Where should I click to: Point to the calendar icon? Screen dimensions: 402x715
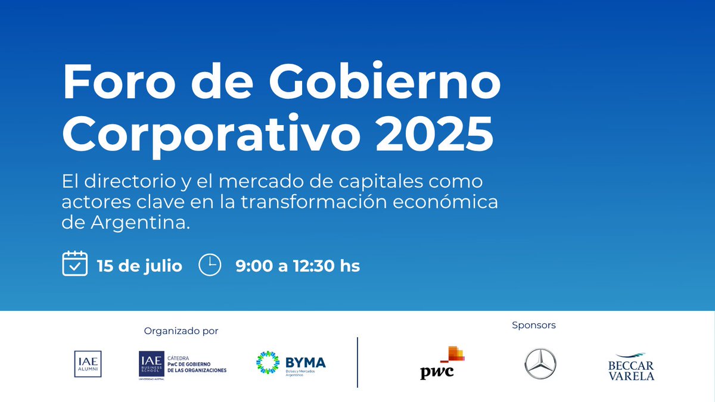[75, 264]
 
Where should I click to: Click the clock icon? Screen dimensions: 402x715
[210, 265]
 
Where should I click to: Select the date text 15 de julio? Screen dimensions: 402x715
[139, 266]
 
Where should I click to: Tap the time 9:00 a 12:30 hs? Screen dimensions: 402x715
[298, 266]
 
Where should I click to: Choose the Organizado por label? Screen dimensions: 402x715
[181, 331]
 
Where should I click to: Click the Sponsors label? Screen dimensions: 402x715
[534, 325]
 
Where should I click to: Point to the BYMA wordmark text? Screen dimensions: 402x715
[306, 362]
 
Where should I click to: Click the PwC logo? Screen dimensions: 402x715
[443, 363]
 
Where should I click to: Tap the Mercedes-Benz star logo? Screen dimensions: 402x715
[540, 364]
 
